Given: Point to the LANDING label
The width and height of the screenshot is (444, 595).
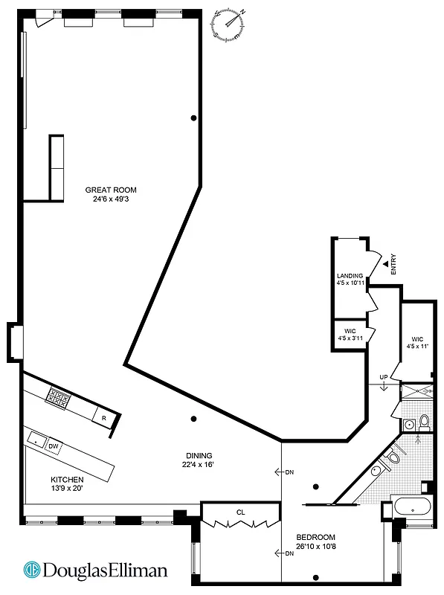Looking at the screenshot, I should pos(350,275).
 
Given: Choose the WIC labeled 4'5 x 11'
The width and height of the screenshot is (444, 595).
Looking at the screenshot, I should pos(418,341).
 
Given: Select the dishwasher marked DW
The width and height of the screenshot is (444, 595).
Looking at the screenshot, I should pos(53,446).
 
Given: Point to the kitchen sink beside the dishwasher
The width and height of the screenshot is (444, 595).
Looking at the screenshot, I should pos(34,440).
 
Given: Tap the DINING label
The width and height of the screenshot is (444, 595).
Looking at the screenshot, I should pos(199,456).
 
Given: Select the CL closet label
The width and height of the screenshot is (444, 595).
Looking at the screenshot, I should pos(241,512).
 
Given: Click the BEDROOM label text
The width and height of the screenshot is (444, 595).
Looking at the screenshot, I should pos(315,537).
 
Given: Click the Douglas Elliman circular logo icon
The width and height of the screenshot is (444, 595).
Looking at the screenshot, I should pos(33,570).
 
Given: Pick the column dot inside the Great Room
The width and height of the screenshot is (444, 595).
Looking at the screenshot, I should pos(193,118).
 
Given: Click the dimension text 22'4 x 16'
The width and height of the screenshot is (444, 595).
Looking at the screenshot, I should pos(199,466).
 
